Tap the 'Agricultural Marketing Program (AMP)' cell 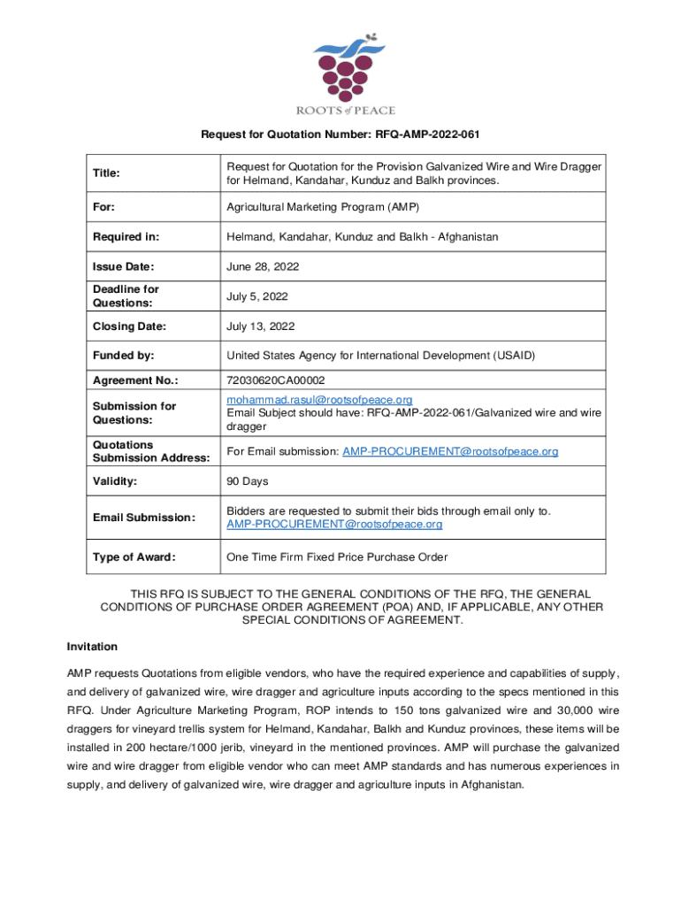point(322,207)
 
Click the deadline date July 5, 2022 point(257,296)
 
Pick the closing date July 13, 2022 point(260,326)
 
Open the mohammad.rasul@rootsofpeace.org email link point(319,400)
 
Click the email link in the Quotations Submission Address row point(450,451)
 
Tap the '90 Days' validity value point(248,482)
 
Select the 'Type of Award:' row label point(134,557)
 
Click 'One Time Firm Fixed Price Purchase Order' point(337,557)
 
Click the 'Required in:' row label point(124,237)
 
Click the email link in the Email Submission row point(334,525)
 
